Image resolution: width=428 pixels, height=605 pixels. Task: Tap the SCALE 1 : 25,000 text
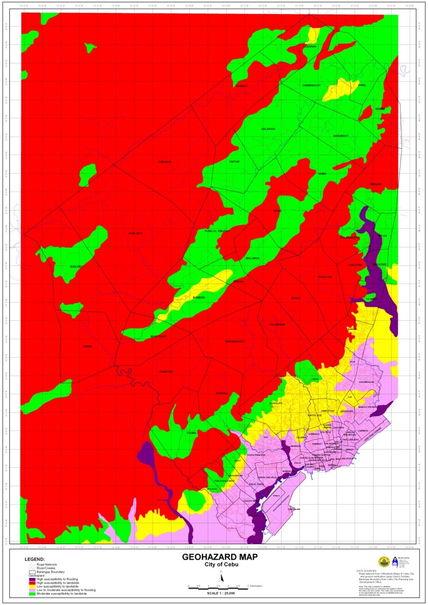(x=220, y=593)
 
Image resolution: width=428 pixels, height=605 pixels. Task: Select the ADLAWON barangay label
(x=268, y=129)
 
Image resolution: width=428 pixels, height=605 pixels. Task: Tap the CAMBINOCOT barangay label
(x=312, y=85)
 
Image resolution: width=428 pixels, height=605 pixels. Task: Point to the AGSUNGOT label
(x=341, y=136)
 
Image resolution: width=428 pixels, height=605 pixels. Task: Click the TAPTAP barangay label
(x=234, y=162)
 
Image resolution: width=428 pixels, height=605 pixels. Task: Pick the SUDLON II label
(x=136, y=233)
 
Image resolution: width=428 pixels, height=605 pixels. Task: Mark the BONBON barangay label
(x=199, y=298)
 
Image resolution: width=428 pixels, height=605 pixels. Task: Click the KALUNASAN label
(x=277, y=325)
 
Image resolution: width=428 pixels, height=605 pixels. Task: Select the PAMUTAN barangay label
(x=166, y=372)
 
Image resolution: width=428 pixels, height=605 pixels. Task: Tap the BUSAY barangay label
(x=296, y=298)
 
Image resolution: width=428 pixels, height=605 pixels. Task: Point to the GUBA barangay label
(x=322, y=174)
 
